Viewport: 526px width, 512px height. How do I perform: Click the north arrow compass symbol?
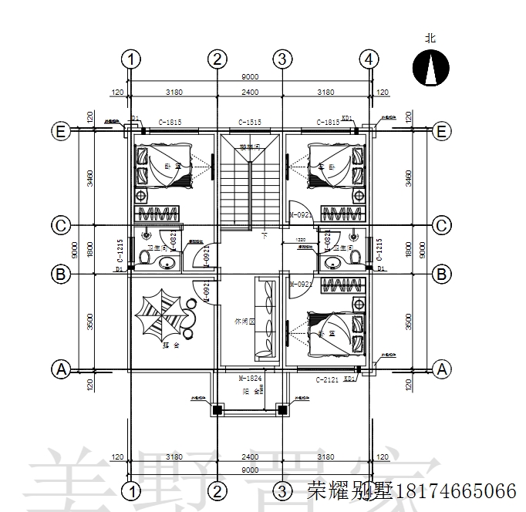tap(430, 67)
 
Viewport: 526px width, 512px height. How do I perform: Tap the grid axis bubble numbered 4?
tap(369, 59)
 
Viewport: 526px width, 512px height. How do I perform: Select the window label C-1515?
tap(250, 122)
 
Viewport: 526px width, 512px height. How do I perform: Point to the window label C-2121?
tap(327, 379)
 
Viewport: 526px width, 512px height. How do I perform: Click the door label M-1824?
tap(250, 379)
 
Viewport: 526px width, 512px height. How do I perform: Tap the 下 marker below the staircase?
tap(264, 234)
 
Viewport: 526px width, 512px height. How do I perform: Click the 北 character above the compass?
tap(430, 38)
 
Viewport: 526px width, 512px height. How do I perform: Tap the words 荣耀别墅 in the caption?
tap(340, 490)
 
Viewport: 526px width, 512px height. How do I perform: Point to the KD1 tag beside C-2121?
tap(349, 379)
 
